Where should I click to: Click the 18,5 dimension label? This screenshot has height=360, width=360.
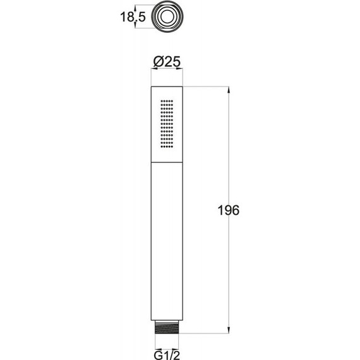(133, 17)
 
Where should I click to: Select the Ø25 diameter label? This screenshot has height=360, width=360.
(167, 61)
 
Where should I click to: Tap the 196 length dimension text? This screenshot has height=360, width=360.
(228, 210)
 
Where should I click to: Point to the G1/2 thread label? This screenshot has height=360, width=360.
(167, 355)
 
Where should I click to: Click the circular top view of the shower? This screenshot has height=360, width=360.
(167, 17)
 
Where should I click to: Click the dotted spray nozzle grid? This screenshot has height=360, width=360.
(167, 124)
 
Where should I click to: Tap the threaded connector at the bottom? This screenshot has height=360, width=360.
(167, 327)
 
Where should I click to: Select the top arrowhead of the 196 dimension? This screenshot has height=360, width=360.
(228, 90)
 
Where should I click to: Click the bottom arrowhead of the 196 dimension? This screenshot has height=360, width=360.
(228, 330)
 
